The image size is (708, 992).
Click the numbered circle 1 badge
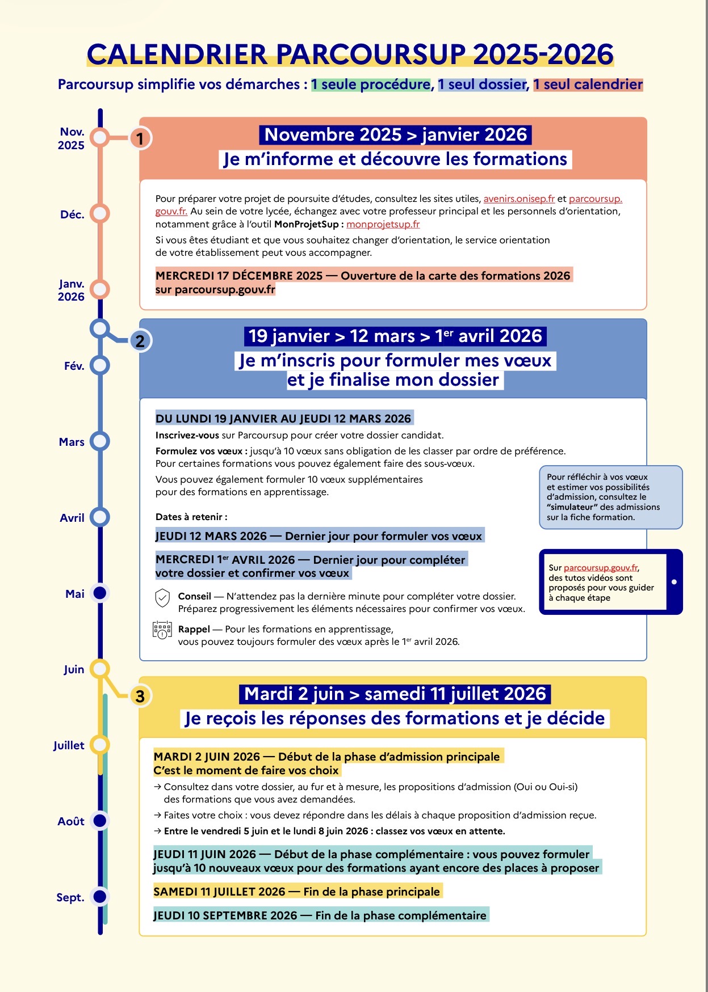tap(140, 138)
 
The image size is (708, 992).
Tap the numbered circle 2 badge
tap(140, 340)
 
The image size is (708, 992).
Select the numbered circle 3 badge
tap(140, 696)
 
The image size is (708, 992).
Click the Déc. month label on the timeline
tap(72, 214)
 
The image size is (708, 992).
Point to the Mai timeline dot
tap(100, 593)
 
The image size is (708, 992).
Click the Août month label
tap(71, 821)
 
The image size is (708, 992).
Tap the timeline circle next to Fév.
tap(100, 365)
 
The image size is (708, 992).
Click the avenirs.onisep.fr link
tap(519, 199)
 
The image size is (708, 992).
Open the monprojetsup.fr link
tap(383, 224)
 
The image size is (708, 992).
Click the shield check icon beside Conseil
tap(162, 598)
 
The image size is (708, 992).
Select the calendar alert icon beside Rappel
tap(162, 630)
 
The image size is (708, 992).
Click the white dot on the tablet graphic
tap(674, 582)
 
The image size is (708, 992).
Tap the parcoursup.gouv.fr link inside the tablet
tap(601, 568)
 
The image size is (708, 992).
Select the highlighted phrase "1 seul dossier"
tap(482, 85)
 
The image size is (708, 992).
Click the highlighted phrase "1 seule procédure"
tap(371, 85)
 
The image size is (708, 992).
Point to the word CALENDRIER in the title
tap(177, 54)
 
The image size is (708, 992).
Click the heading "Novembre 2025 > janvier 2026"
tap(396, 135)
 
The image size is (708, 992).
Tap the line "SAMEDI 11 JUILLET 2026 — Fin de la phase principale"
tap(296, 892)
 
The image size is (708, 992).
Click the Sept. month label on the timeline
tap(70, 897)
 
